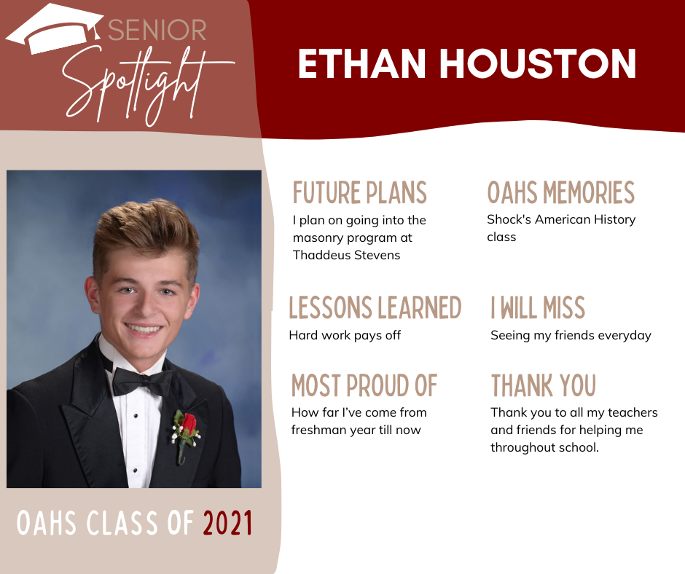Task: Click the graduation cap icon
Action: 55,28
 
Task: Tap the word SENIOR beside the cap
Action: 157,30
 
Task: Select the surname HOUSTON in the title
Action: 537,64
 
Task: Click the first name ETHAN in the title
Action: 361,64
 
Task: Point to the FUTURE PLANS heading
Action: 359,192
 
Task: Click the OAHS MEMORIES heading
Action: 561,192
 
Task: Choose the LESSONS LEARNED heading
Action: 375,307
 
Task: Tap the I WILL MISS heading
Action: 538,307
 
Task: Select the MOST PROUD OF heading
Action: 364,385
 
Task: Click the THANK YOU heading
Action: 544,385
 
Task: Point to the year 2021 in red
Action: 227,523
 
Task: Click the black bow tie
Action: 142,382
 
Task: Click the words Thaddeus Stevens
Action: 346,255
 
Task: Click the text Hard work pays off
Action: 345,336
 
